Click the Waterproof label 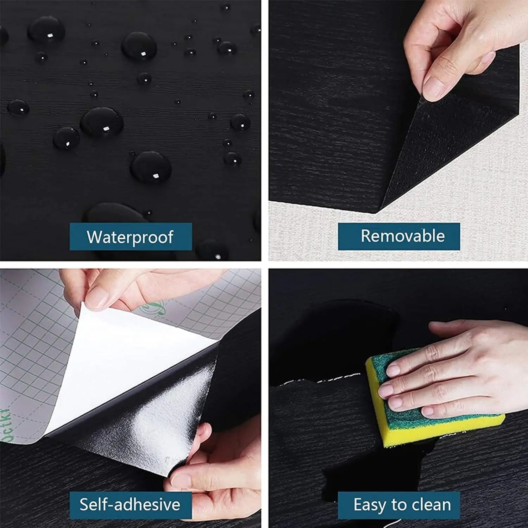[131, 237]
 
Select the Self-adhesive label [130, 505]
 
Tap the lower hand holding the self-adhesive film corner [218, 475]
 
